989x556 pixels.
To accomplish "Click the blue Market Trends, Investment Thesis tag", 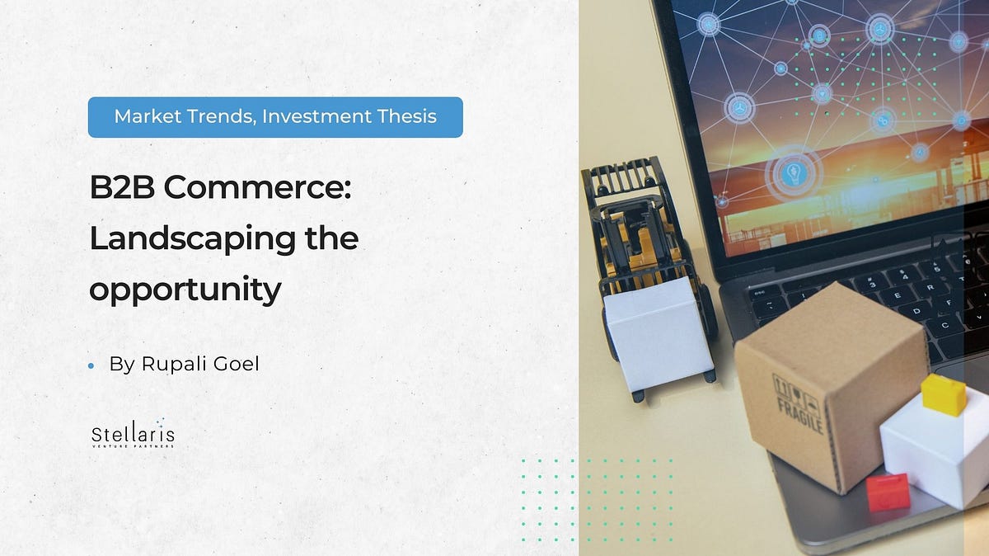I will click(275, 117).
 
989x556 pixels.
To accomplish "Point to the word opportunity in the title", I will click(185, 290).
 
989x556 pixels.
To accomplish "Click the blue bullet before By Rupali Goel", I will click(91, 365).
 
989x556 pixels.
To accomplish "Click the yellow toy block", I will click(943, 393).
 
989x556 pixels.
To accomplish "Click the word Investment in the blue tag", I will click(320, 117).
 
